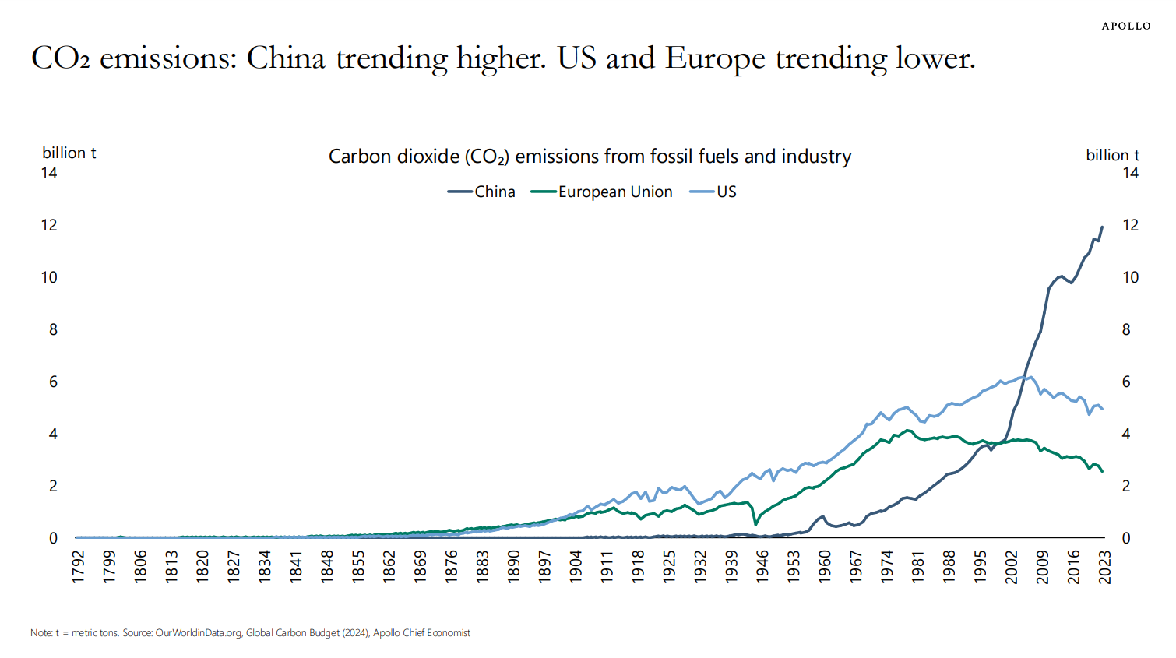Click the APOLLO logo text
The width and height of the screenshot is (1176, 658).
click(1125, 26)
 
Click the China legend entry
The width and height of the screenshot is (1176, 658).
click(495, 192)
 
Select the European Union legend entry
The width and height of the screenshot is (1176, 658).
click(614, 192)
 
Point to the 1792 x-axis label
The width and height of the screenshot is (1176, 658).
click(79, 566)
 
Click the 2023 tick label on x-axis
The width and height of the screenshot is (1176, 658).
click(1104, 566)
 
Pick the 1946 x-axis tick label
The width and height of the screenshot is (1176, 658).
click(762, 566)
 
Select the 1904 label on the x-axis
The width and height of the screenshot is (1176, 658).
click(576, 566)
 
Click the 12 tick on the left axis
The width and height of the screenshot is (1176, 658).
click(49, 225)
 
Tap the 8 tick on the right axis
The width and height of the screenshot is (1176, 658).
click(1126, 329)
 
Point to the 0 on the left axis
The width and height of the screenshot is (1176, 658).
click(53, 538)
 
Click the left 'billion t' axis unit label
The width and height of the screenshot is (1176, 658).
click(69, 153)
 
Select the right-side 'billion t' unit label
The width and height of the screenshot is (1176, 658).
click(1112, 155)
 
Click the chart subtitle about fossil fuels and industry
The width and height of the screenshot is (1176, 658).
click(590, 157)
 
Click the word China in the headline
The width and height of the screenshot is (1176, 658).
click(286, 58)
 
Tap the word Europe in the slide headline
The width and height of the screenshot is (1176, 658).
click(714, 58)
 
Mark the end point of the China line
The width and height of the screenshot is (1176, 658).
click(1102, 227)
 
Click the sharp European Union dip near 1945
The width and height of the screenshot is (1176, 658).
click(755, 524)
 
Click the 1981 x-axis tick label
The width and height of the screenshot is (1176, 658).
click(918, 566)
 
